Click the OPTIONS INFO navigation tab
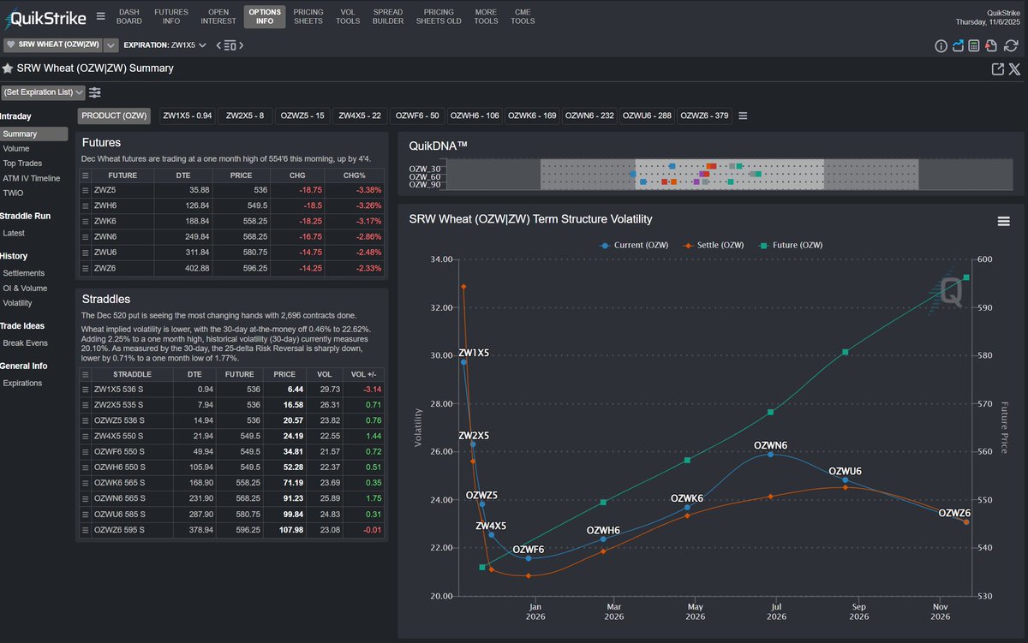(265, 16)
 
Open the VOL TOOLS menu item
(348, 16)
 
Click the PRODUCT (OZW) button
(114, 116)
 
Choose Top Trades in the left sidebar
(22, 164)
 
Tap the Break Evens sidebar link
(26, 343)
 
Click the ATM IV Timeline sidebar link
(32, 178)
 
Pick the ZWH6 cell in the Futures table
(105, 205)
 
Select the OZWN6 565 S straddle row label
(120, 499)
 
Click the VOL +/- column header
(363, 374)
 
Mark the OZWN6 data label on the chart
(770, 445)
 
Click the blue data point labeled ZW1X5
(463, 362)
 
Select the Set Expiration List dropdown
(43, 92)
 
